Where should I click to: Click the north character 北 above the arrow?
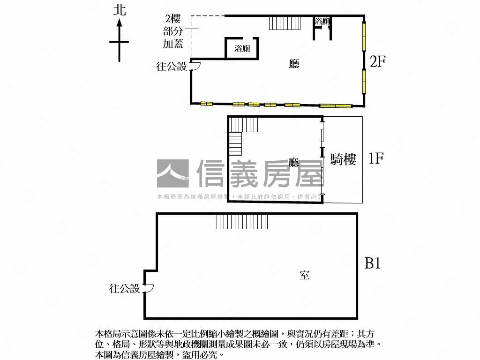click(x=120, y=10)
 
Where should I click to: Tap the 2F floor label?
click(x=378, y=61)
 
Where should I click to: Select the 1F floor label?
click(x=376, y=159)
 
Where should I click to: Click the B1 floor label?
click(x=373, y=264)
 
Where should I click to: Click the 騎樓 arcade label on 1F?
click(x=344, y=160)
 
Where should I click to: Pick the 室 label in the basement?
click(x=305, y=275)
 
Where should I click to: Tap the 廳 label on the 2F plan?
click(x=294, y=65)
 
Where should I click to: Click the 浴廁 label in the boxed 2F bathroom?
click(x=242, y=49)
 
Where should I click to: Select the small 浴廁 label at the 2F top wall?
click(x=322, y=21)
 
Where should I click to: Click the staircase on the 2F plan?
click(x=285, y=23)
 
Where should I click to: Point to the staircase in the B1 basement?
click(x=242, y=221)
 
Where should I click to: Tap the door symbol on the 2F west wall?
click(x=195, y=67)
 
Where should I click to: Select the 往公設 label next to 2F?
click(x=172, y=67)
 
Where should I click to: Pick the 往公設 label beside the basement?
click(x=125, y=289)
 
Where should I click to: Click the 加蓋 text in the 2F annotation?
click(x=173, y=45)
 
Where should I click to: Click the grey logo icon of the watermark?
click(x=172, y=174)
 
